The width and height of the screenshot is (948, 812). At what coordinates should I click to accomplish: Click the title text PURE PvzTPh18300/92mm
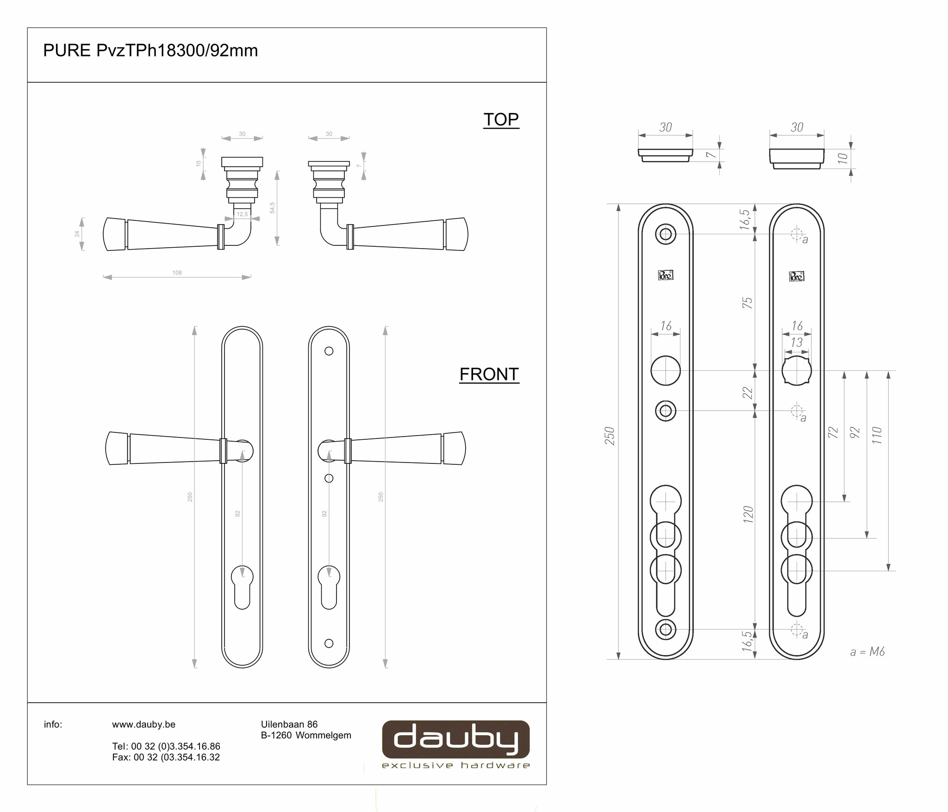pos(150,50)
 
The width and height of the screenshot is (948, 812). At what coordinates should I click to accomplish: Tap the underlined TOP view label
pos(501,119)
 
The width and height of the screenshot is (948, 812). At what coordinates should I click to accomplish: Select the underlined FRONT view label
pos(489,374)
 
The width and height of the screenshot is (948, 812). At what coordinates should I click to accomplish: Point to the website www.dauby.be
pos(143,725)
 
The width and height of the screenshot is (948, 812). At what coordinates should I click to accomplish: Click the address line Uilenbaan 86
pos(289,724)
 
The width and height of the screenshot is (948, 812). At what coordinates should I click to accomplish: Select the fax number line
pos(166,757)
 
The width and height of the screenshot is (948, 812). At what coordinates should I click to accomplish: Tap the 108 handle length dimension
pos(177,273)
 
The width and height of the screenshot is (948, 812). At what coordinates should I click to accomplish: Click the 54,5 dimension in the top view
pos(273,207)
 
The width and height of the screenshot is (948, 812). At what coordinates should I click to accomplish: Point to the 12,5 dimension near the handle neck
pos(242,214)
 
